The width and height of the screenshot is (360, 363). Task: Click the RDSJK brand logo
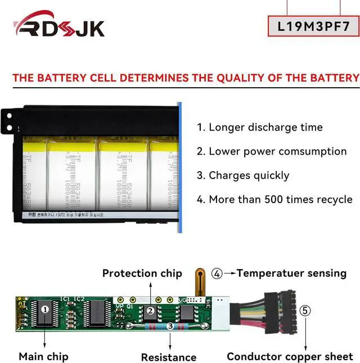59,26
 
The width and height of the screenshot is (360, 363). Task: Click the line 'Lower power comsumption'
271,151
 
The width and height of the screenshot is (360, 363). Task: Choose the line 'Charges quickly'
243,176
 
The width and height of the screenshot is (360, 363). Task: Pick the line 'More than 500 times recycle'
274,199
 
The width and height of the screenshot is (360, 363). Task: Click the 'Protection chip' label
142,274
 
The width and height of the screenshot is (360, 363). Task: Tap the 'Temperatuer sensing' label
291,274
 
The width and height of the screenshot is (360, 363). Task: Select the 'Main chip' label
43,356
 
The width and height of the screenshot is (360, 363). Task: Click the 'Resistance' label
168,357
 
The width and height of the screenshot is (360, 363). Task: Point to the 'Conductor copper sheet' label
290,356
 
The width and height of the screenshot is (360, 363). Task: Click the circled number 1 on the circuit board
46,308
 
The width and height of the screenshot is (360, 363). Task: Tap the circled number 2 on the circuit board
150,311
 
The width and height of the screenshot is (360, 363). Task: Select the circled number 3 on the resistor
170,326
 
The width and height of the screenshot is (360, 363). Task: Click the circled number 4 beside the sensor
217,274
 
